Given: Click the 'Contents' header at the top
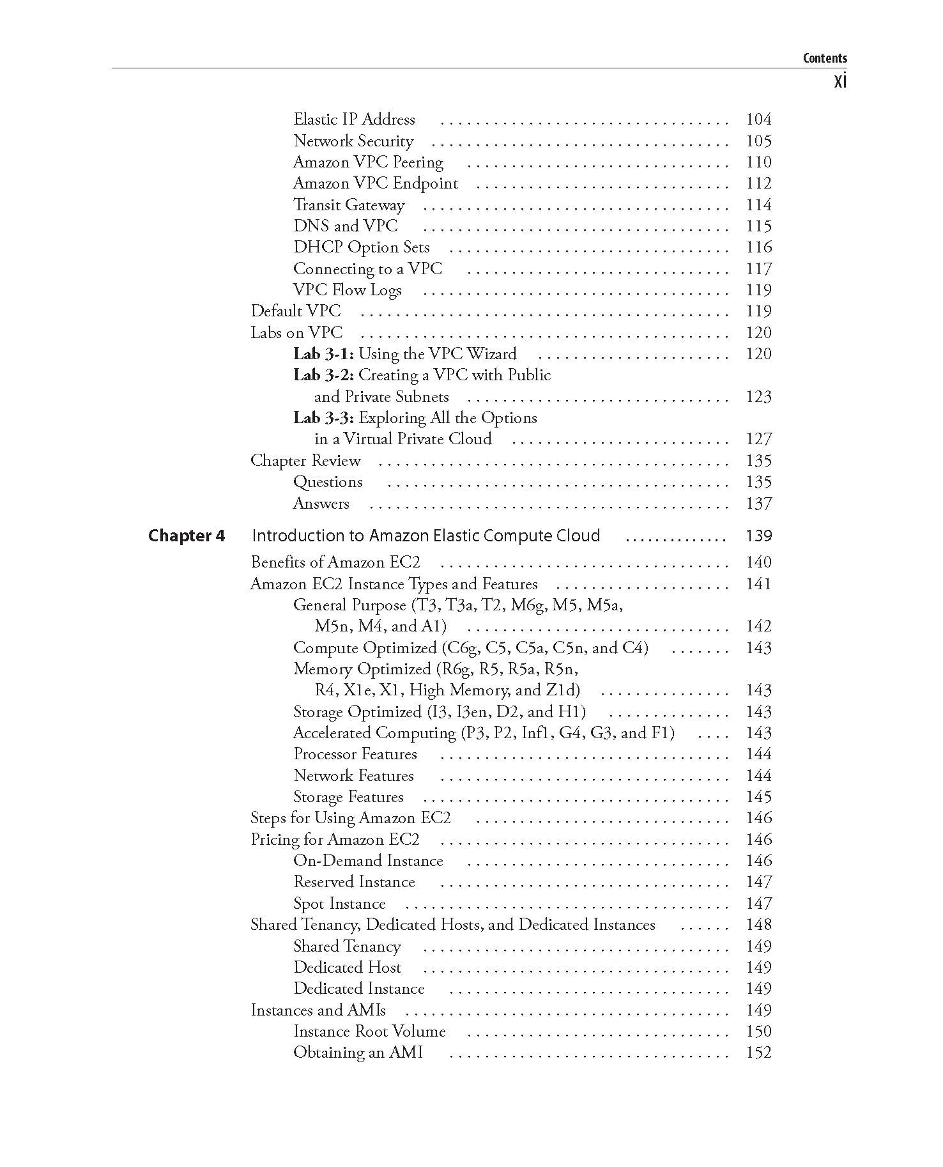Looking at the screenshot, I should coord(824,58).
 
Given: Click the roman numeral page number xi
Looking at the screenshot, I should coord(839,82).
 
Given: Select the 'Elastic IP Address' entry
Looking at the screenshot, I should coord(354,120).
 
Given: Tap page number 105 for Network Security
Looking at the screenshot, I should coord(758,141).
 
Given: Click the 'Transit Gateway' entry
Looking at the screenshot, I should coord(349,205).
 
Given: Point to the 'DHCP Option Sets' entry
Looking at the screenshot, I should coord(361,247).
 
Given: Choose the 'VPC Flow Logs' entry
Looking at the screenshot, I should coord(348,290).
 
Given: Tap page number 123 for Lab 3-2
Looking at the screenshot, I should coord(758,397).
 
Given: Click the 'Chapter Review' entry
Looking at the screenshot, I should coord(305,461).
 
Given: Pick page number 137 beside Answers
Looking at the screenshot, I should coord(758,504).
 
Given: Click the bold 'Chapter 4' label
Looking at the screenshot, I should coord(187,536).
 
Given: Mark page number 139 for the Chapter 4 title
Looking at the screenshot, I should coord(758,536).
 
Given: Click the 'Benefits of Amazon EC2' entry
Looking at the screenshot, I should coord(335,562).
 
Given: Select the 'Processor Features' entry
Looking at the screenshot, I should coord(355,754).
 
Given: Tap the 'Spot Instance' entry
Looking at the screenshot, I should coord(339,904).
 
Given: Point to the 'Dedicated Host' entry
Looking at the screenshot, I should coord(348,968).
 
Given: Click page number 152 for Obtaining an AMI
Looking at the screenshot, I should coord(758,1053).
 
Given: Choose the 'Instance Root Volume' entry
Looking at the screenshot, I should coord(369,1032).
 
